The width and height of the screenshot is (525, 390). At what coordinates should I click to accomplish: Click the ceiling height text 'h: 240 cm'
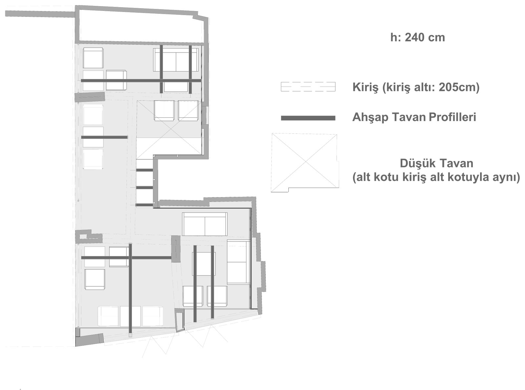(x=417, y=38)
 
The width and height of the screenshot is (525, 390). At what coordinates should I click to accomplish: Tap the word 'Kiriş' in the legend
(x=365, y=87)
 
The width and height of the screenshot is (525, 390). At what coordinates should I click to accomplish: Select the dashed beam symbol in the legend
(x=308, y=87)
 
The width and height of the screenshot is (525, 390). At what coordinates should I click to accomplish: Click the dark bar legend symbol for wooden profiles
(x=308, y=118)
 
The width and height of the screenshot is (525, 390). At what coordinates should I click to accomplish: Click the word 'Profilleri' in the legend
(x=452, y=117)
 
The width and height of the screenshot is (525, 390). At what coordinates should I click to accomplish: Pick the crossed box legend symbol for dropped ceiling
(x=305, y=162)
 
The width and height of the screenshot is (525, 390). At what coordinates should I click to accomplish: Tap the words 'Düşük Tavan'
(x=436, y=164)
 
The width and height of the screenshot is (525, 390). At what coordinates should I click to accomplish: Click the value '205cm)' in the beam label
(x=459, y=87)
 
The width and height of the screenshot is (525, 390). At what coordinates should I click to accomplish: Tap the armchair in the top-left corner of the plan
(x=93, y=58)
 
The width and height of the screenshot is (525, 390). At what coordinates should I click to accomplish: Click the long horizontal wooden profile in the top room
(x=141, y=80)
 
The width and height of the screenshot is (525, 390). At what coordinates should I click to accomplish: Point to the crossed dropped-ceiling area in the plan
(x=169, y=130)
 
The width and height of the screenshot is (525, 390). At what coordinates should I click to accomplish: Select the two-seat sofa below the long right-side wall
(x=205, y=224)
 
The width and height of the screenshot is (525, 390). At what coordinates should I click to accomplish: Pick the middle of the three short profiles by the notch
(x=144, y=188)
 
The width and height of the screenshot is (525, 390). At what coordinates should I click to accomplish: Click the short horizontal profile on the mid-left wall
(x=104, y=137)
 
